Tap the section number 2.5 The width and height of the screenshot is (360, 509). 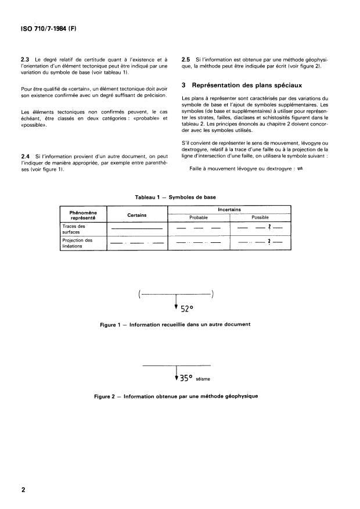pos(186,59)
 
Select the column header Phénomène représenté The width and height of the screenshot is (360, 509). pos(85,215)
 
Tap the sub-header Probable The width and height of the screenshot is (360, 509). pos(199,218)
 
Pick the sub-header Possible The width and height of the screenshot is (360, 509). pos(260,218)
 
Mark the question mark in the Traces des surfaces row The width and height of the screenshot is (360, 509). pos(269,228)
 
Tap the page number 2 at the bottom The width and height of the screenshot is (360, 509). pos(24,490)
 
